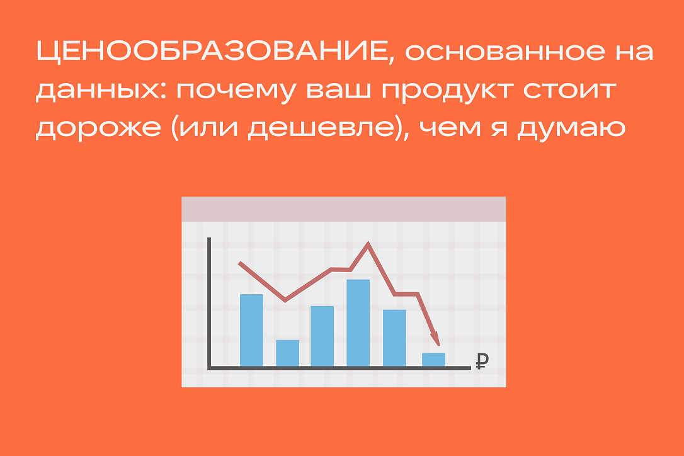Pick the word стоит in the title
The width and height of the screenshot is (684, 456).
coord(570,90)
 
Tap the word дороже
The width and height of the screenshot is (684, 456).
coord(98,130)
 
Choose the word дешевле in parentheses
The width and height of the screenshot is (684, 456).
coord(321,130)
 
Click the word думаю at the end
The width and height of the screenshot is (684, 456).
coord(572,130)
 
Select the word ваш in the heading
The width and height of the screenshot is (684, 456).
coord(339,90)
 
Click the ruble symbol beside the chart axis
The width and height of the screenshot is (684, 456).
coord(482,360)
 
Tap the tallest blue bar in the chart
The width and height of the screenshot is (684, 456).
coord(358,322)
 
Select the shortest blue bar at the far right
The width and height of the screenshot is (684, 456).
coord(433,360)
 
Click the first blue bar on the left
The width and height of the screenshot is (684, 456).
coord(252,330)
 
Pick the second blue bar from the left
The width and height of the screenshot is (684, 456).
coord(287,353)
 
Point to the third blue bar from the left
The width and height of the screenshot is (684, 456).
coord(322,336)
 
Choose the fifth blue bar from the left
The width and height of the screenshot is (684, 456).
coord(394,338)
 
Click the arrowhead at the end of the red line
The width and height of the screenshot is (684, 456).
coord(436,339)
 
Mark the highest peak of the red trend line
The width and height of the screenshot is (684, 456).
coord(368,242)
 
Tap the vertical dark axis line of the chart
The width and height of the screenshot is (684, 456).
coord(209,303)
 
